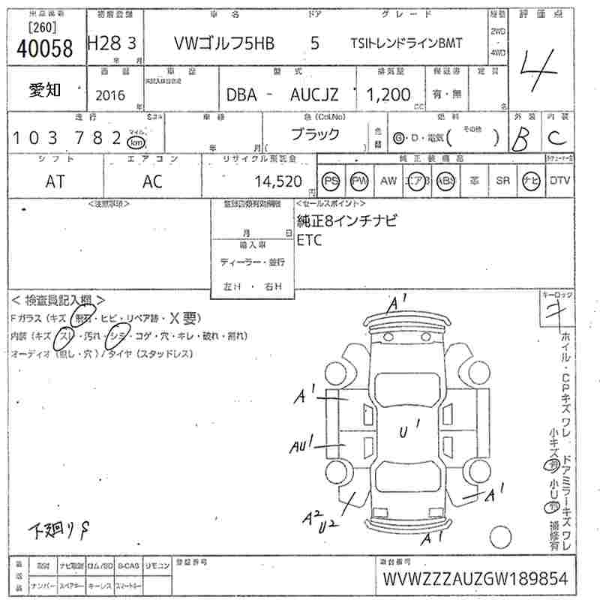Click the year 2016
pos(111,95)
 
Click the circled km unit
pos(136,142)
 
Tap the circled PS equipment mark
pos(331,181)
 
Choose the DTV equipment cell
pos(559,181)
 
